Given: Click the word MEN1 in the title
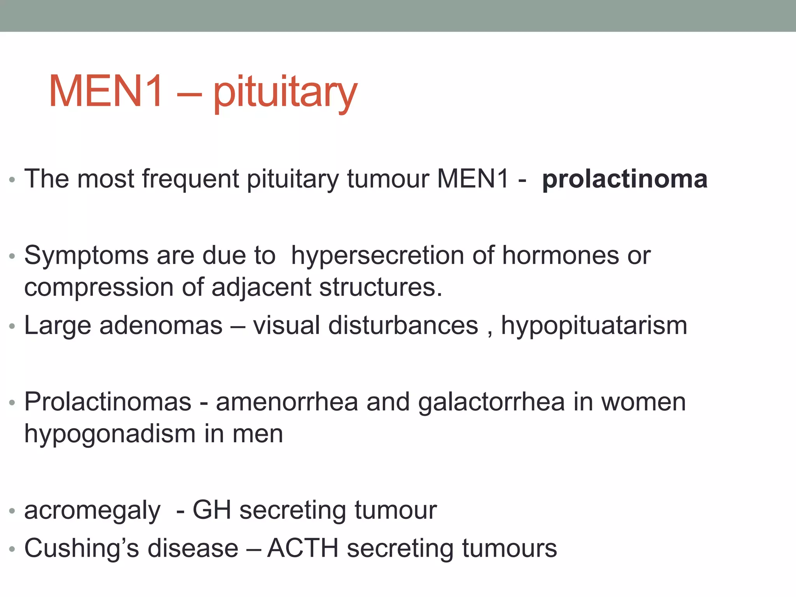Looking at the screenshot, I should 106,92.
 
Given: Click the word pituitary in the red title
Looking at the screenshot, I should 285,93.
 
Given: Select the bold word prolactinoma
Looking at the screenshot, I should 625,179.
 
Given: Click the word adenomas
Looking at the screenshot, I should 161,325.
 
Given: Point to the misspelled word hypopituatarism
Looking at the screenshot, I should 594,326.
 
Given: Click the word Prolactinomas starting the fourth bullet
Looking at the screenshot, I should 108,402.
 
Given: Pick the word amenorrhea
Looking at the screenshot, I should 287,402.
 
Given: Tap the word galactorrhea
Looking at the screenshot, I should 491,402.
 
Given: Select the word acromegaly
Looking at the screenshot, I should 92,511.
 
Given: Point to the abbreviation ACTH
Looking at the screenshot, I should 303,548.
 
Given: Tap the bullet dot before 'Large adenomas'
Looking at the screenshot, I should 12,326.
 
